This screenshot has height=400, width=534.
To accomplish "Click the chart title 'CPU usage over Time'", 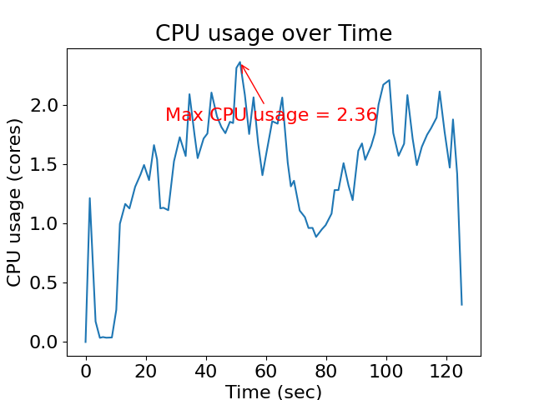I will click(x=274, y=33).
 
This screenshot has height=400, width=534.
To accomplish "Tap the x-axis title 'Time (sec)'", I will click(x=274, y=392).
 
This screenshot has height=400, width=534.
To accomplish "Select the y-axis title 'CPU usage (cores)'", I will click(x=15, y=202).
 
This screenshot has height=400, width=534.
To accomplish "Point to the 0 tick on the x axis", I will click(x=85, y=370).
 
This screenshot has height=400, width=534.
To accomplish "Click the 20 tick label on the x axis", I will click(x=146, y=370).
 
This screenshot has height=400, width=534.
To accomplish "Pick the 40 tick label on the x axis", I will click(x=206, y=370).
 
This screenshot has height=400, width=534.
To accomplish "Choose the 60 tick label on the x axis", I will click(x=266, y=370).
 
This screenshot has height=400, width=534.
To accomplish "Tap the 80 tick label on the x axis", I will click(x=326, y=370).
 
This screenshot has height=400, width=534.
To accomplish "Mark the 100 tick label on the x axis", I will click(x=386, y=370).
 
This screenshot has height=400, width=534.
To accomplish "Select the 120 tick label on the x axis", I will click(x=446, y=370).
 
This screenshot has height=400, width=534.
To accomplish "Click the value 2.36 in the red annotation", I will click(x=356, y=115).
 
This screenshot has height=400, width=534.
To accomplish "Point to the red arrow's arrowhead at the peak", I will click(x=241, y=64).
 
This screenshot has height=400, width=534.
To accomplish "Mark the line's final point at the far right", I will click(x=461, y=304).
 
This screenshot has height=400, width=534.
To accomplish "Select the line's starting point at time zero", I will click(x=85, y=342).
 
